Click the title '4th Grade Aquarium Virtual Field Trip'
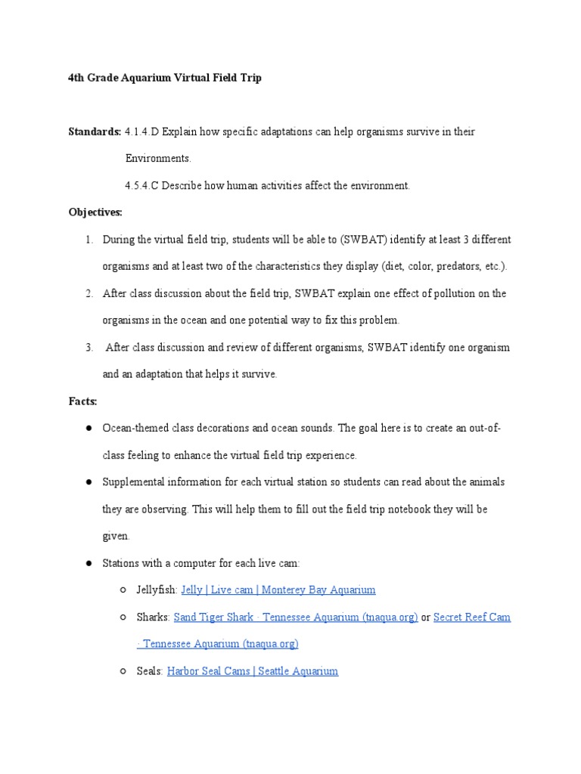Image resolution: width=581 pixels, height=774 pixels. point(165,78)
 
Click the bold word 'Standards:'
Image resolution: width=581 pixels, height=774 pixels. point(95,132)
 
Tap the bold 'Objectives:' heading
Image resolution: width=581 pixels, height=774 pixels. point(95,212)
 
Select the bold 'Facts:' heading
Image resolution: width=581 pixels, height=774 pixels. point(82,401)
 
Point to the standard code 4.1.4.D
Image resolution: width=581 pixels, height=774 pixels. point(142,132)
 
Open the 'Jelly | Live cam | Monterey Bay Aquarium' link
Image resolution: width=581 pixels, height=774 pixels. point(278,590)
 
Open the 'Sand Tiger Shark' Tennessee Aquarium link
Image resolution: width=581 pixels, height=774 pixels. point(295,617)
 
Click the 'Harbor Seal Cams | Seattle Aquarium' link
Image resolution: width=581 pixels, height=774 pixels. point(252,670)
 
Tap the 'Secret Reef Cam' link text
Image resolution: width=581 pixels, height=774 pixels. point(471,617)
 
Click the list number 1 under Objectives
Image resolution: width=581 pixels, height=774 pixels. point(89,240)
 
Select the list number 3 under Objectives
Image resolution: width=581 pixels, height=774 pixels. point(89,348)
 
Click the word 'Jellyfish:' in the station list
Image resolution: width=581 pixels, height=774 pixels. point(157,590)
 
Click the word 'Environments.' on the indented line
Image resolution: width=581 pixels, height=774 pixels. point(158,159)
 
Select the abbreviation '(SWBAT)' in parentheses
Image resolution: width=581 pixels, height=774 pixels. point(364,240)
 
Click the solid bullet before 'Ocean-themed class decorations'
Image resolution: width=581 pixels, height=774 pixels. point(89,429)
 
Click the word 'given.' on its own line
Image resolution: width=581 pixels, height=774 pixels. point(117,536)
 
